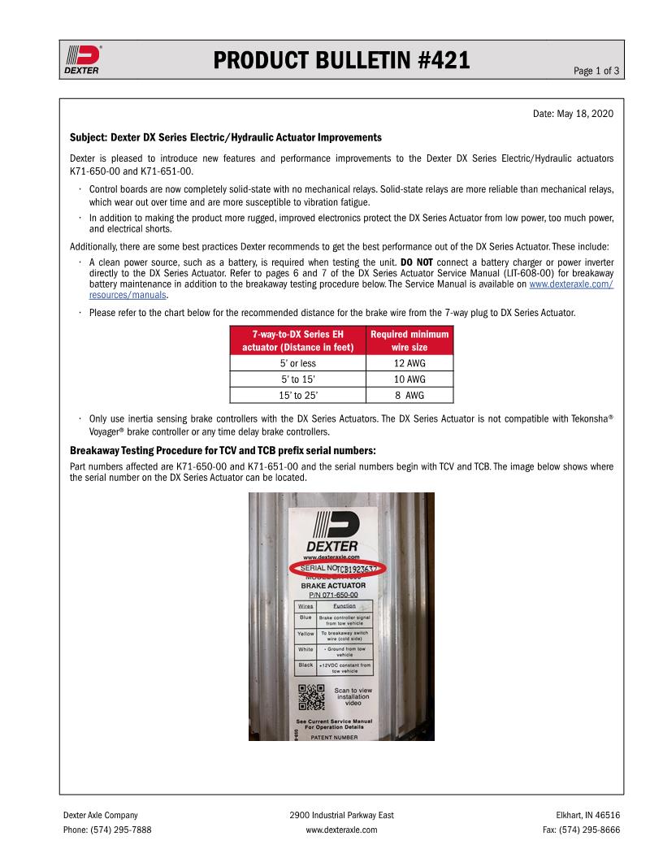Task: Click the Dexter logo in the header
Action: (82, 59)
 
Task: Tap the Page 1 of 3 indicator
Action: (596, 71)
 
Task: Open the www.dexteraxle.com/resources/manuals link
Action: (570, 284)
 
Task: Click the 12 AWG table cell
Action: (409, 363)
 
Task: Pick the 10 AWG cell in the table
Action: (409, 379)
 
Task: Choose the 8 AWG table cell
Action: (409, 396)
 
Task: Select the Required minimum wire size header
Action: (409, 340)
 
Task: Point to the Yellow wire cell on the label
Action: (305, 633)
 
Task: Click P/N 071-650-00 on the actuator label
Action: (334, 595)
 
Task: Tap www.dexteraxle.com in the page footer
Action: (341, 830)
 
